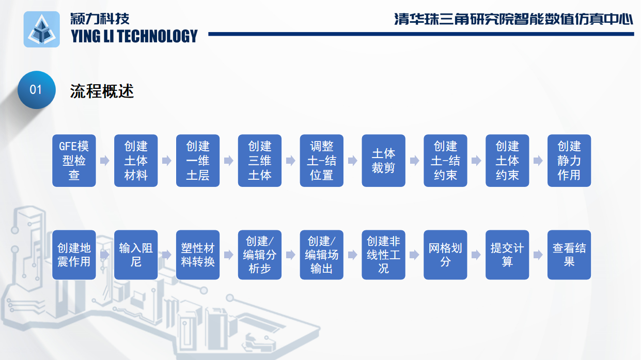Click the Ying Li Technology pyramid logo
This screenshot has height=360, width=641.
[x=41, y=29]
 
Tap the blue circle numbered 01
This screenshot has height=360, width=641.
[x=36, y=89]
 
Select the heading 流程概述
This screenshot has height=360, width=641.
[x=102, y=91]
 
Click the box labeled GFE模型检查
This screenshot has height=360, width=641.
[x=74, y=161]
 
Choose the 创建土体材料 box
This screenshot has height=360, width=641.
[x=136, y=161]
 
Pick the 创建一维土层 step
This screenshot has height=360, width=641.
[x=198, y=161]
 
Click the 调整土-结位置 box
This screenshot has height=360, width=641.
[x=322, y=161]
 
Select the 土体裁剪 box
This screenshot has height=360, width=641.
[x=383, y=161]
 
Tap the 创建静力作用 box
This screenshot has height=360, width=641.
[x=569, y=161]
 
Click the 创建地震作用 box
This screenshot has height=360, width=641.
[x=74, y=255]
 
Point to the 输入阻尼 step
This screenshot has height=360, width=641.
[x=136, y=255]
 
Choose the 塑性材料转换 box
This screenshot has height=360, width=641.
[x=198, y=255]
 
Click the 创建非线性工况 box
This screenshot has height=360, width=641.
[x=383, y=255]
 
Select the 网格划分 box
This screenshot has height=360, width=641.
[x=445, y=255]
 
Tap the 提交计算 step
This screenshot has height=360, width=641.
[x=507, y=255]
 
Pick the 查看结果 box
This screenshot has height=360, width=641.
[x=569, y=255]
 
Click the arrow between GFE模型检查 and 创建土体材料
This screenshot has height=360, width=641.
[x=105, y=161]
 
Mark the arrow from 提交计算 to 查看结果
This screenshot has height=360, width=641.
[x=538, y=255]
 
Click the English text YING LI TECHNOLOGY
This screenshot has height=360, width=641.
[x=134, y=36]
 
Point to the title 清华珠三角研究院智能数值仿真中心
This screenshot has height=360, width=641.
[x=513, y=19]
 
